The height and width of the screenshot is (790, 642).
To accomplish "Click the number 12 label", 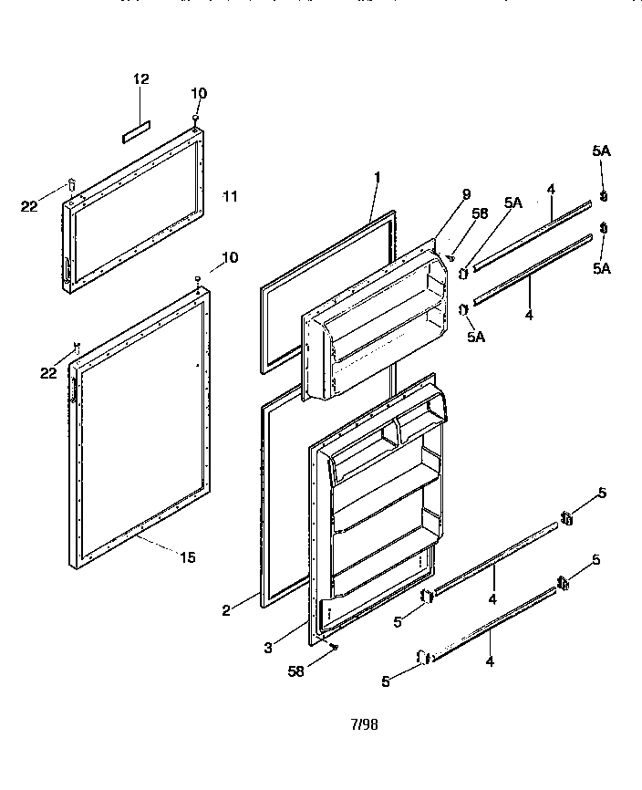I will tap(140, 79).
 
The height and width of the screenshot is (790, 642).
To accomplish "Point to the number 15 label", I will tap(187, 557).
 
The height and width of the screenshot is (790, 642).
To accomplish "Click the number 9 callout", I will tap(466, 193).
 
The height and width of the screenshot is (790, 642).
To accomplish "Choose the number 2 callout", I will tap(227, 611).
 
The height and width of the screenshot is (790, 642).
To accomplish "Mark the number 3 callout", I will tap(267, 649).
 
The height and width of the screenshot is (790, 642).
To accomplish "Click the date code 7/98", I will tap(364, 725).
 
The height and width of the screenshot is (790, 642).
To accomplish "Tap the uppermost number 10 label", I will tap(199, 93).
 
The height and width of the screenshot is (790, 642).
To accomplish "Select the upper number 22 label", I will tap(29, 206).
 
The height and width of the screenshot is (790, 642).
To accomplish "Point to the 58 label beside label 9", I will tap(481, 213).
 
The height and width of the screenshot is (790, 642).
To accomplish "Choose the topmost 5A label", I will tap(602, 151).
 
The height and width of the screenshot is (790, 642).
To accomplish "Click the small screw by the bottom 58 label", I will tap(334, 648).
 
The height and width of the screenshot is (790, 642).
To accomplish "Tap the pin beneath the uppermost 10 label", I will tap(195, 119).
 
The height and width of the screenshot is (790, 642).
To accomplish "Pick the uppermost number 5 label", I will tap(602, 494).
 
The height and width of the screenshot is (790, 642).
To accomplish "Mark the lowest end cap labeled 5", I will tap(423, 657).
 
